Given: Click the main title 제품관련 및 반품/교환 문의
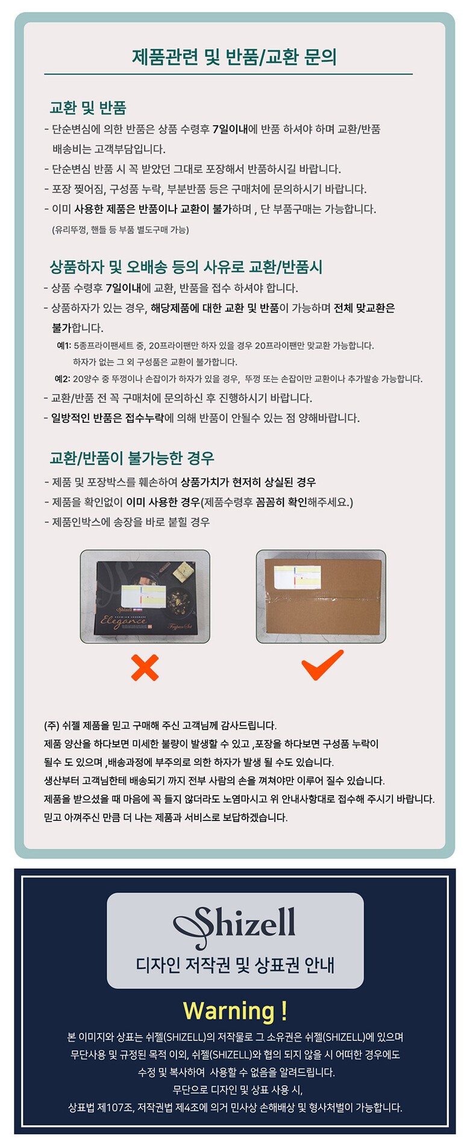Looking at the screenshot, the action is (234, 57).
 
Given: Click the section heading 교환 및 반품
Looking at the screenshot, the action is (88, 108).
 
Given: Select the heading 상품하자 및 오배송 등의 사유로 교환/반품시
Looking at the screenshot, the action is (186, 267).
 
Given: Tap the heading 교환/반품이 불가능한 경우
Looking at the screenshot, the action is (132, 458).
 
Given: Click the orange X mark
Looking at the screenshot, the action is (145, 667).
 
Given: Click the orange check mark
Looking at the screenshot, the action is (322, 665).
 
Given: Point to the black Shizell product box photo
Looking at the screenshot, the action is (145, 596).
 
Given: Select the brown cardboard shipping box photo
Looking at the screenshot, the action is (321, 596).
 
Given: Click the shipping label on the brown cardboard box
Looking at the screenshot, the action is (296, 576).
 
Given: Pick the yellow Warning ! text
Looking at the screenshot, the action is (235, 1011).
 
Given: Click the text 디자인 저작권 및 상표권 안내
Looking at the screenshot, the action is (235, 966).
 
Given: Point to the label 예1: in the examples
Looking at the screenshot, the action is (64, 346).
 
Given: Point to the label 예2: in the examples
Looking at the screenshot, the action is (63, 379).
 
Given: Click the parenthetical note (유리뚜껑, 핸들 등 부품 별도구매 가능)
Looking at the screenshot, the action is (121, 229).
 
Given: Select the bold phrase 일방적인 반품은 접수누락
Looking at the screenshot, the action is (107, 418).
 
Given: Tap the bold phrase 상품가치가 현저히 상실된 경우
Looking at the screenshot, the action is (248, 482).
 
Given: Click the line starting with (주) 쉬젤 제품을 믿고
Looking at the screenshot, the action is (160, 725).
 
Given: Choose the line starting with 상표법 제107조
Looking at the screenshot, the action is (235, 1107).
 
